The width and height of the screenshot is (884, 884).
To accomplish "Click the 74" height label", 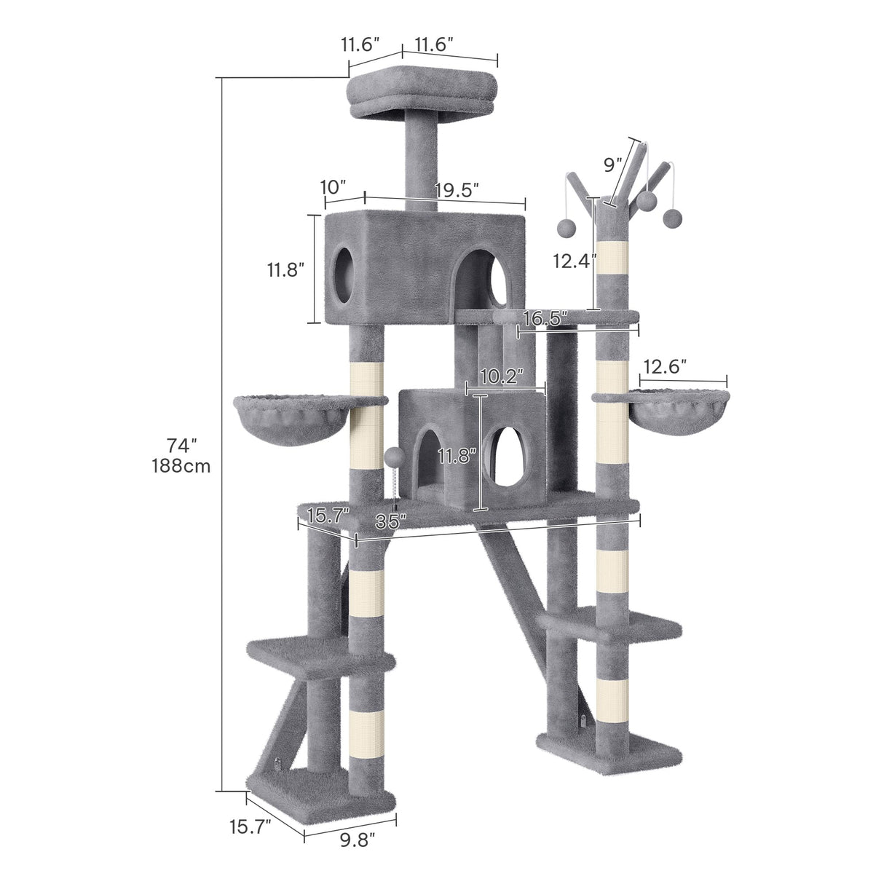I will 182,444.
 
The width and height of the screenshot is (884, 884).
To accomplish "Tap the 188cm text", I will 182,466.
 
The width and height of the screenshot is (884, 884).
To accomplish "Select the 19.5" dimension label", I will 457,191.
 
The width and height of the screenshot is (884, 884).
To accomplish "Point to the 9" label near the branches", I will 613,165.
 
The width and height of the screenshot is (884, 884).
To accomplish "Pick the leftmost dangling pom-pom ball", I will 564,227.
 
